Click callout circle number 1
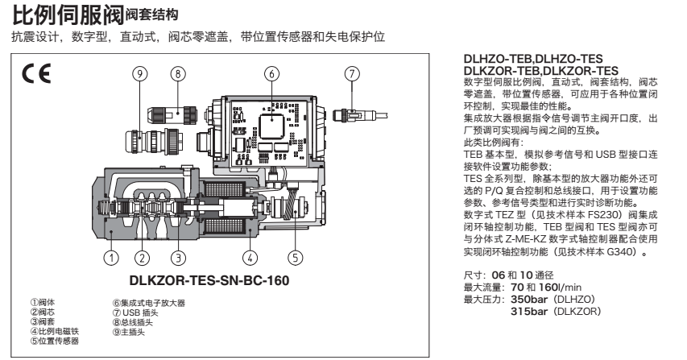[x=112, y=258]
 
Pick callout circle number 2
[x=142, y=258]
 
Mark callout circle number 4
[x=253, y=258]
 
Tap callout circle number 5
[x=296, y=258]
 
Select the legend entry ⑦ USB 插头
[x=139, y=311]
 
